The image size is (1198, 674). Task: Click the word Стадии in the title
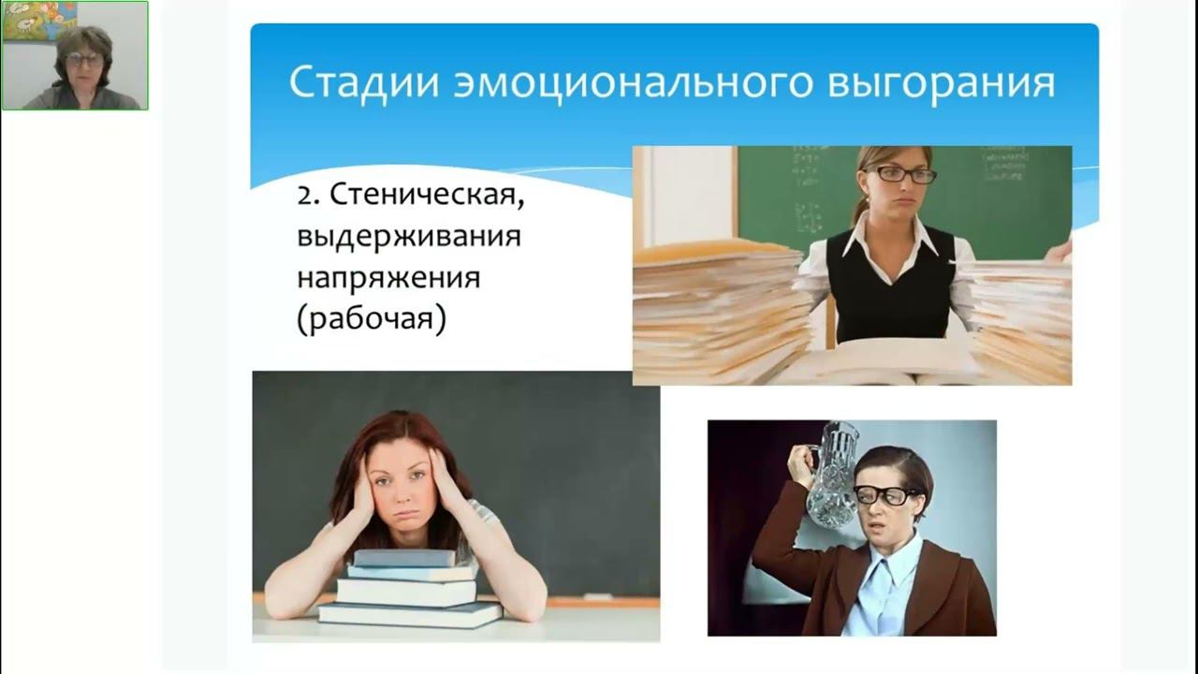(364, 83)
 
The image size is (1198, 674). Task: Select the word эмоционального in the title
(634, 83)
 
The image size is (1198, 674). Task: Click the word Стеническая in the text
(427, 195)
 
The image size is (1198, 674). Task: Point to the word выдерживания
(409, 237)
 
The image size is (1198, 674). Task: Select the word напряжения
(388, 278)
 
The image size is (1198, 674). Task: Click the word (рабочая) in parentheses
(372, 319)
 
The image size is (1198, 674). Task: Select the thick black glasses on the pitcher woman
(884, 496)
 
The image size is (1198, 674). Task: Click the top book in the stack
(404, 558)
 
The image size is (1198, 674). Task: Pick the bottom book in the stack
(411, 614)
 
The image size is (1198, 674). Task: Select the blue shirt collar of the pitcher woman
(889, 575)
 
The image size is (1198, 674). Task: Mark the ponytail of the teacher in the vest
(860, 212)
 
